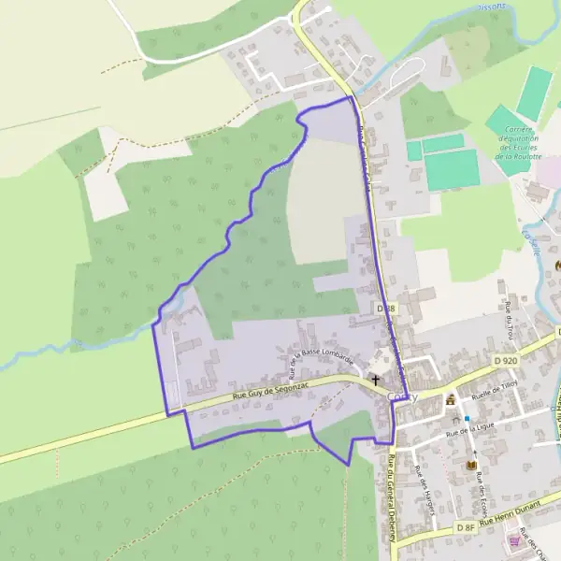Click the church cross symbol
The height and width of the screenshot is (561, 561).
pos(376,380)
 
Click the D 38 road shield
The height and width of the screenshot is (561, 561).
pos(386,308)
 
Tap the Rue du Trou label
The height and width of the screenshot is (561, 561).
pos(511,319)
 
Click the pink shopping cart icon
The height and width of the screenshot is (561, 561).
pos(512,540)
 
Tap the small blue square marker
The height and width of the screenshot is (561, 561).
pos(466,418)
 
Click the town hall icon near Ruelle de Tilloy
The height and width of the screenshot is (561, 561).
pos(451,400)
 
